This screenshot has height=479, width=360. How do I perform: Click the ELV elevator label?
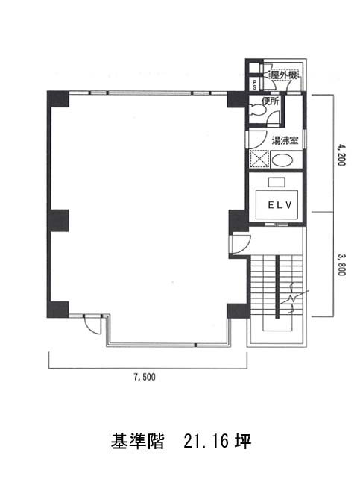coord(280,205)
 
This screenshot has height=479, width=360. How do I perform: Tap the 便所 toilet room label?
coord(271,101)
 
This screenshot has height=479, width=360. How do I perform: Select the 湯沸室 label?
coord(285,140)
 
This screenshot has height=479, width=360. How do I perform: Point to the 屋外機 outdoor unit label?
coord(283,75)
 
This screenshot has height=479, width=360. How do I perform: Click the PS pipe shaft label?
coord(255,84)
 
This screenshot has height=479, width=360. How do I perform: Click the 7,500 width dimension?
coord(144,378)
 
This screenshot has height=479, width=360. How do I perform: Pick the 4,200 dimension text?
coord(341,155)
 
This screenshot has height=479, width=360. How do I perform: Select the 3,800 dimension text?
coord(341,265)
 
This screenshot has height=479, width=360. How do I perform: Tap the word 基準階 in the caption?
coord(137,441)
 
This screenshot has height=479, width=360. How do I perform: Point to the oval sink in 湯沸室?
coord(282,160)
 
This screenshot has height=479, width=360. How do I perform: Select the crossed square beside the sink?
coord(259,159)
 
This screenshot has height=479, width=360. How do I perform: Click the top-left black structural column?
coord(57,99)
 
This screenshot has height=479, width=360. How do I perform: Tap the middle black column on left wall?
coord(58,220)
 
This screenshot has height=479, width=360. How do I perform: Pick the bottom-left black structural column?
coord(57,310)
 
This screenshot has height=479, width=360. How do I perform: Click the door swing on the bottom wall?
coord(92,325)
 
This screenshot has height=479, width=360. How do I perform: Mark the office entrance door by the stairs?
coord(241,244)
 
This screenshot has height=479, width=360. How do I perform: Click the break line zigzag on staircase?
coord(294,298)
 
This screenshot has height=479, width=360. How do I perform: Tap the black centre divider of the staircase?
coord(277,287)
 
